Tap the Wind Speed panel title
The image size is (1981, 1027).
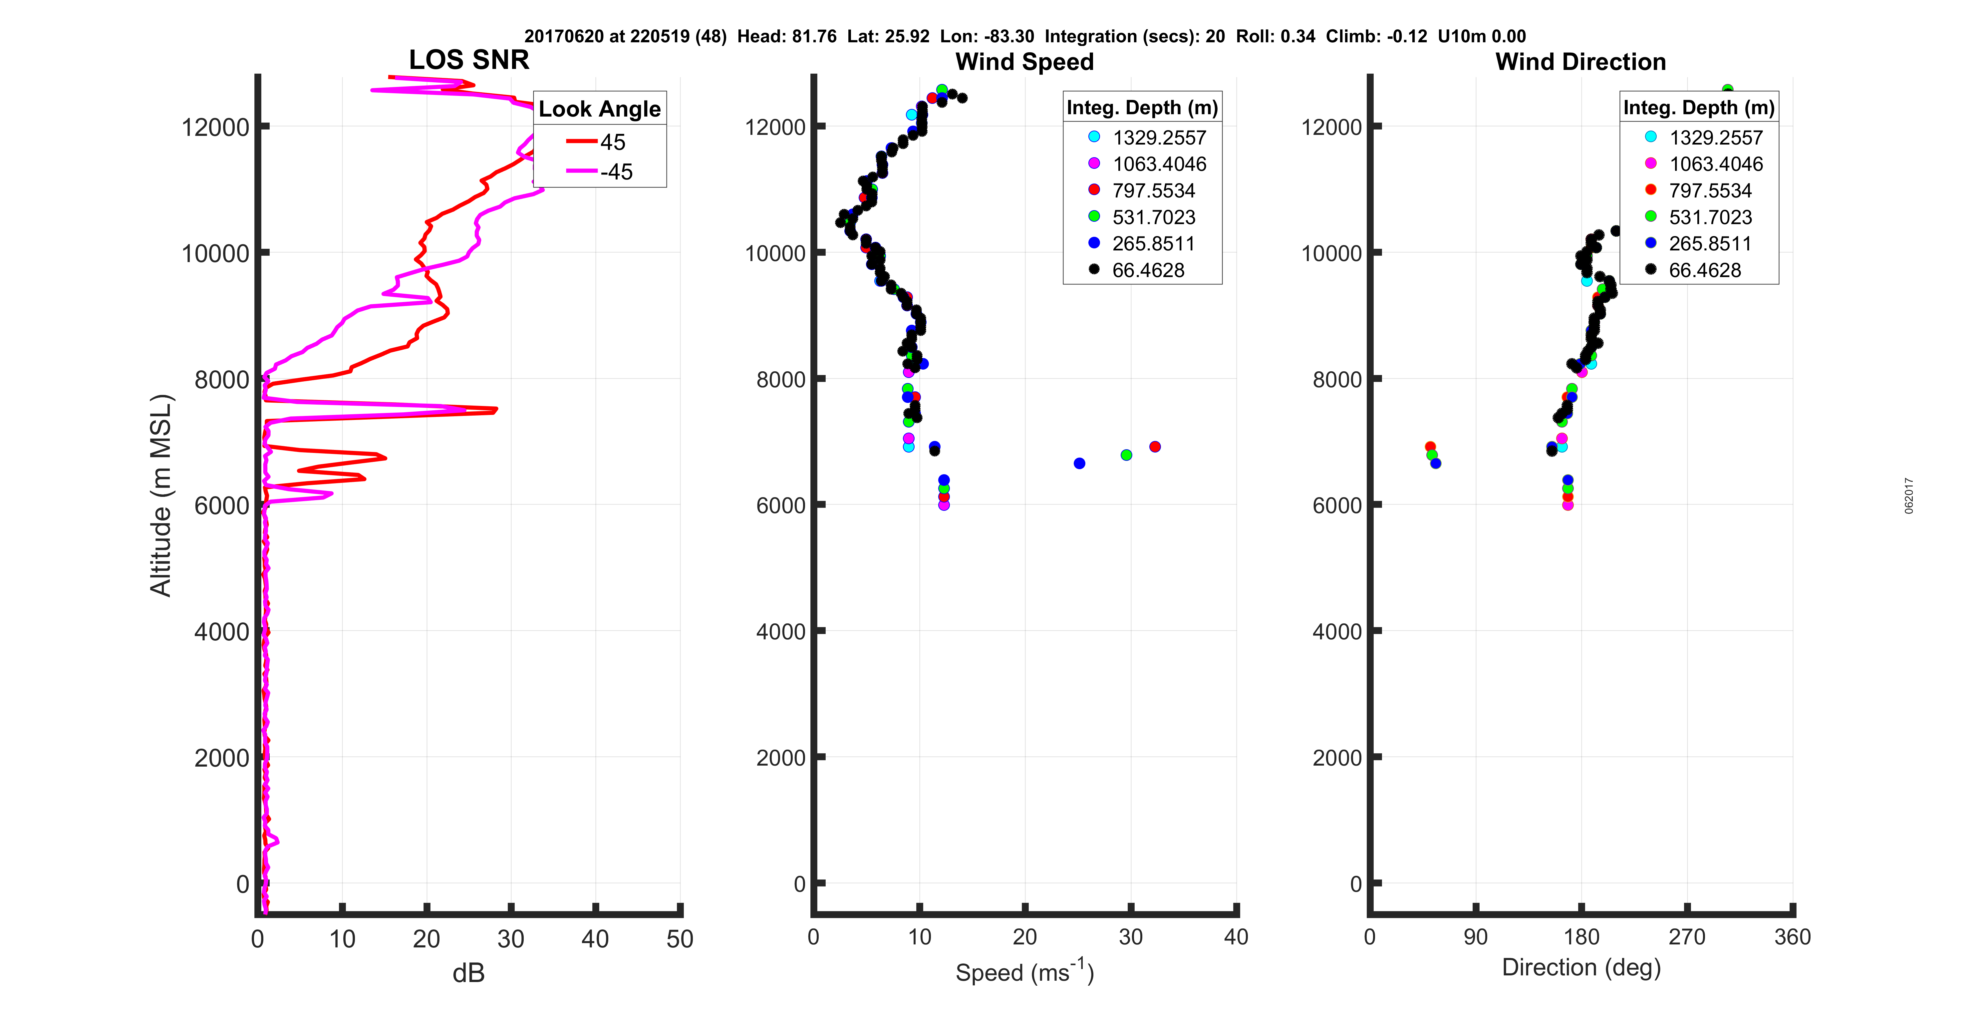click(1024, 62)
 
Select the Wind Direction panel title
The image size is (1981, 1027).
click(1580, 62)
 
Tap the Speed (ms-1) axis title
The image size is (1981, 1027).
click(1024, 971)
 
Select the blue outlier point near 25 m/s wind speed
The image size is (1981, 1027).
click(1079, 463)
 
